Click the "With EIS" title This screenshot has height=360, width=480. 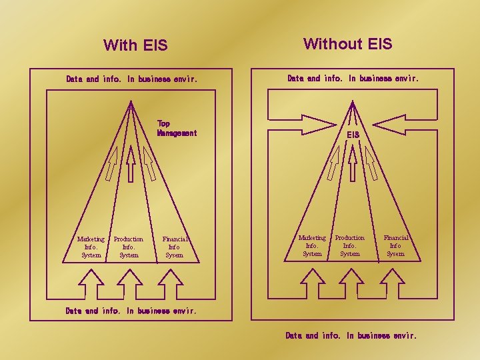(x=135, y=45)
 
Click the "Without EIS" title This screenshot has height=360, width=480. (x=347, y=44)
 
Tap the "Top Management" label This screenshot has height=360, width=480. (x=177, y=128)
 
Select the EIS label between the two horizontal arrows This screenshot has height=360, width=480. (x=353, y=135)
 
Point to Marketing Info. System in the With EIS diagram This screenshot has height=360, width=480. (x=91, y=247)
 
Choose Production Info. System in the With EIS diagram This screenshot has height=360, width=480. (x=129, y=247)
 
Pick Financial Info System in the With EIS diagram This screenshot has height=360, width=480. (x=175, y=247)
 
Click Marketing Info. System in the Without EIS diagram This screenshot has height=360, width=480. (x=312, y=245)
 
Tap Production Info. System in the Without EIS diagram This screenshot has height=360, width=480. (x=350, y=245)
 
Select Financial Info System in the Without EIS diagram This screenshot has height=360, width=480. (x=395, y=245)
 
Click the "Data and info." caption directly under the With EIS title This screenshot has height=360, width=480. (x=131, y=79)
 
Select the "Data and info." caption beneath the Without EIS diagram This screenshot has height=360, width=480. (x=351, y=335)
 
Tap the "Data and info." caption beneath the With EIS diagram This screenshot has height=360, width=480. (x=131, y=311)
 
